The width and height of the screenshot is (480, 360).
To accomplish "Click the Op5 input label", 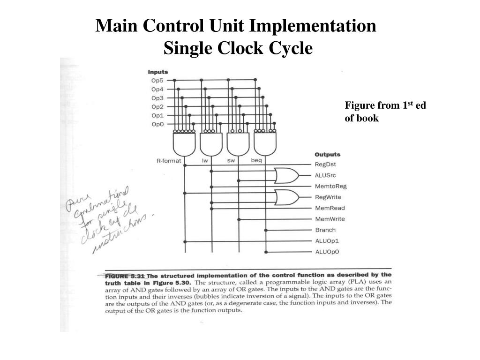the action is coord(157,81).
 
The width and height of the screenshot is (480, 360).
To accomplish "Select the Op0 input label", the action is coord(157,124).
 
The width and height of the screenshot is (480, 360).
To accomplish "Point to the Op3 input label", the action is coord(157,98).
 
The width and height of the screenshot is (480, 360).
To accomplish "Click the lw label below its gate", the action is coord(205,161).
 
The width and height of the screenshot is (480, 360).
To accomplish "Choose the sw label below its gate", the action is coord(231,161).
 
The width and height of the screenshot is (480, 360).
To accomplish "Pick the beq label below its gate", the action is coord(256,161).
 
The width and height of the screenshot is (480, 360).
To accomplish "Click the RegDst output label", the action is coord(325,165).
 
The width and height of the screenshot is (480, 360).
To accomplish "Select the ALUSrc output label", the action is coord(325,175).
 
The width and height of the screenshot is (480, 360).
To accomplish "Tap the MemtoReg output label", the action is coord(330,187).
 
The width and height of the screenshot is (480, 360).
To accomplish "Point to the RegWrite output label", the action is coord(328,197).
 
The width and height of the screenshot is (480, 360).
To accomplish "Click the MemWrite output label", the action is coord(330,219).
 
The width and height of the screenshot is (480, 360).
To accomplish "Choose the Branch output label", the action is coord(325,230).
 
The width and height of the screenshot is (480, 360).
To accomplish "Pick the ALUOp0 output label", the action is coord(327,252).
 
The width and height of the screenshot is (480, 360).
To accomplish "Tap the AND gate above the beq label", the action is coord(265,144).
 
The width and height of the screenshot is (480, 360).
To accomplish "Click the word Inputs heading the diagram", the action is coord(158,72).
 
